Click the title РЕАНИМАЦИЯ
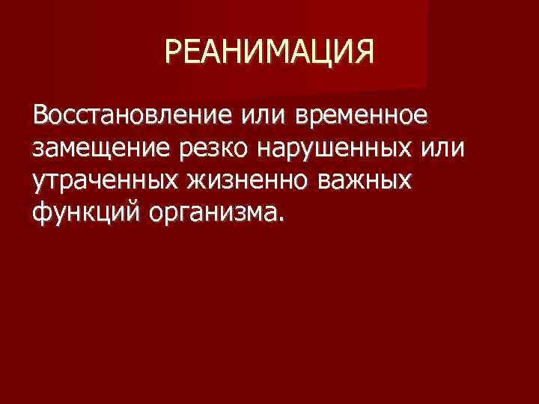pyautogui.click(x=268, y=53)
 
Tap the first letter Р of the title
pyautogui.click(x=173, y=53)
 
